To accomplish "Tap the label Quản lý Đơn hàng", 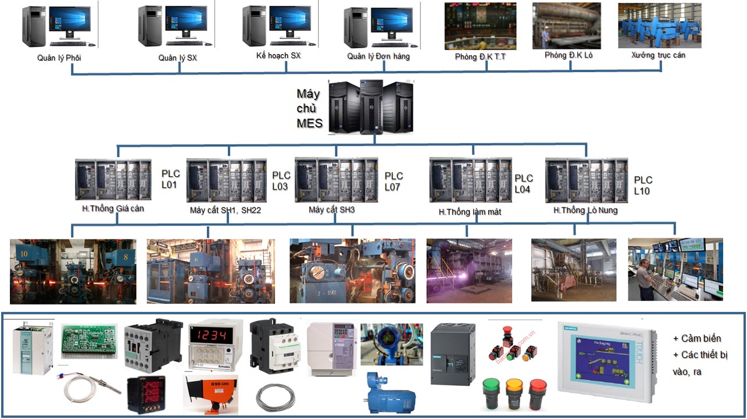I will coord(378,56).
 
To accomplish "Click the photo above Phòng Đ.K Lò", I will coord(567,26).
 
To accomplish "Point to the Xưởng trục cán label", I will coord(658,55).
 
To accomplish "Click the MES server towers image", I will coord(371,106).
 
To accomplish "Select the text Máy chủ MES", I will coord(309,108).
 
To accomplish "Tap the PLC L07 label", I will coord(394,181).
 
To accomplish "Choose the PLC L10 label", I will coord(643,185).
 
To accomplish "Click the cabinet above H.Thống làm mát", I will coord(470,180).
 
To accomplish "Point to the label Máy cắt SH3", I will coord(331,209).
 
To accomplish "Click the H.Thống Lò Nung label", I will coord(585,210).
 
